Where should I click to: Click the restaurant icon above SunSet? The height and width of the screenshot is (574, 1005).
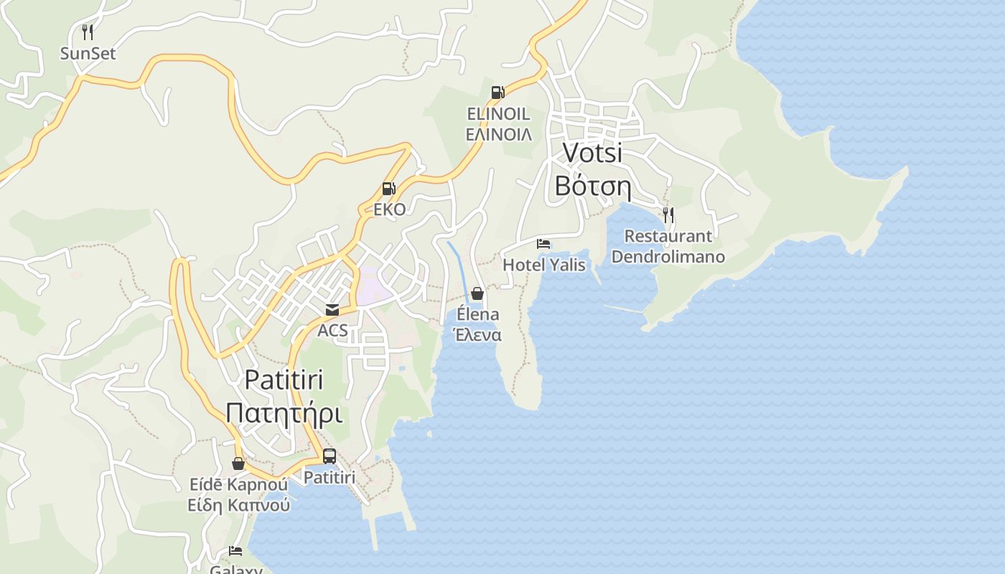coord(88,32)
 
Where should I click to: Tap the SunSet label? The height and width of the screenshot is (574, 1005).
coord(88,54)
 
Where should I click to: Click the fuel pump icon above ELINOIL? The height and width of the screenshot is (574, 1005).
coord(497,92)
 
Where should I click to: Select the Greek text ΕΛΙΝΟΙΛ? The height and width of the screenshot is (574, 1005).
coord(499,134)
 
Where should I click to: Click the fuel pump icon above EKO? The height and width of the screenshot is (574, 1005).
coord(389,189)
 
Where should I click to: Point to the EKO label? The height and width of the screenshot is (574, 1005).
coord(390,210)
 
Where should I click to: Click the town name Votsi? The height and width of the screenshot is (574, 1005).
coord(592,153)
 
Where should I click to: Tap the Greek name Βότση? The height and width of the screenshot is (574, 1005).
coord(592,187)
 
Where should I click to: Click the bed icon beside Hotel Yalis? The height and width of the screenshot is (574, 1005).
coord(543,244)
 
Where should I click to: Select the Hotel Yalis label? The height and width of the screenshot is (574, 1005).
coord(544,265)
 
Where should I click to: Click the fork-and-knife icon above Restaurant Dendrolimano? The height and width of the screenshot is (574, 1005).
coord(668,214)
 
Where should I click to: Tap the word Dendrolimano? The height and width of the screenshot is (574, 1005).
coord(668,257)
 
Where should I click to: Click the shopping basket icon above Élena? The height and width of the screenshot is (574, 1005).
coord(477,293)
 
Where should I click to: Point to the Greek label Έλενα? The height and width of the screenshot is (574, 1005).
coord(477,335)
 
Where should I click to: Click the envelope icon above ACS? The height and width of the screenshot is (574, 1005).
coord(332,310)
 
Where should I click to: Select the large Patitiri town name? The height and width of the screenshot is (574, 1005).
coord(284,380)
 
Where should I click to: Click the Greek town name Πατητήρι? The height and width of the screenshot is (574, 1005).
coord(284,414)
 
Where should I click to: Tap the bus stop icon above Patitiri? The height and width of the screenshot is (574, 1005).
coord(329,456)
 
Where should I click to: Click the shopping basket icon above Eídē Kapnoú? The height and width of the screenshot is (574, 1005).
coord(238,464)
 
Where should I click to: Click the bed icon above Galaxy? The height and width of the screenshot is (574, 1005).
coord(235,551)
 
